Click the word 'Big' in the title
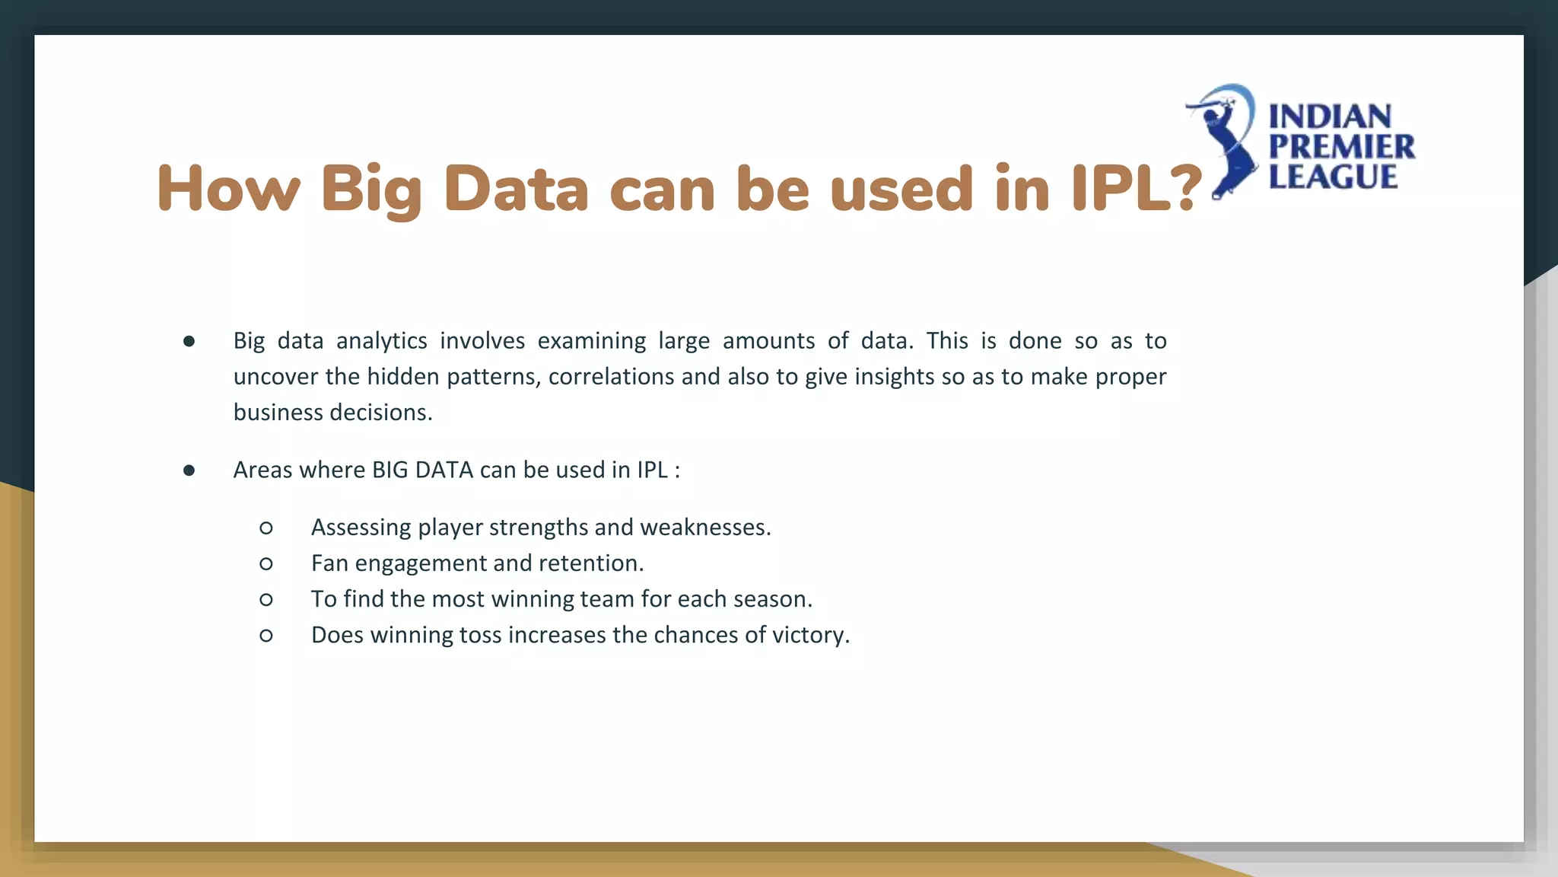pos(370,190)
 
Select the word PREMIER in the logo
pos(1341,147)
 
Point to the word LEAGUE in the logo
pos(1333,177)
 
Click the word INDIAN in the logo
pos(1330,117)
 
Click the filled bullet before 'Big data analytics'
pos(189,342)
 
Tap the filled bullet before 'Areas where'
pos(189,471)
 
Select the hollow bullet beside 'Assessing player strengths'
pos(266,528)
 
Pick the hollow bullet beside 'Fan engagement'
pos(266,564)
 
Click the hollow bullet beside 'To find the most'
pos(266,600)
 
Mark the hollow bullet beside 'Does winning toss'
pos(266,636)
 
